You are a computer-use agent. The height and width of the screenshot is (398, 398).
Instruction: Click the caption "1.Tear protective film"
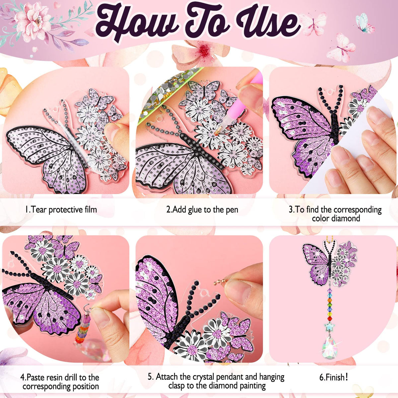[61, 210]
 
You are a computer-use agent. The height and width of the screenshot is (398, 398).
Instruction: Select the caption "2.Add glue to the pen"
[202, 210]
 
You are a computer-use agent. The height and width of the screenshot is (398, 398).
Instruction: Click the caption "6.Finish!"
[334, 377]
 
